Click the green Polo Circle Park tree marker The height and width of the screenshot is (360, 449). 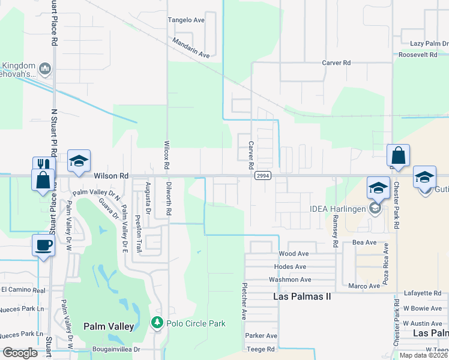(x=157, y=323)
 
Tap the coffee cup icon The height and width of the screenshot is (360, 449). (x=43, y=245)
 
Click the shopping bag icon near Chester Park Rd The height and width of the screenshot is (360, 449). (x=398, y=155)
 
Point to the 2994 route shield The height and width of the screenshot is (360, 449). (x=262, y=176)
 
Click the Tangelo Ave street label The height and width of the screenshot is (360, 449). (x=187, y=20)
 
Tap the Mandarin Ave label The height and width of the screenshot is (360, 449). (x=190, y=47)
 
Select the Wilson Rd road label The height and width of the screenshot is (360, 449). (x=111, y=176)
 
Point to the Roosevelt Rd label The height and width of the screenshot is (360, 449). (x=418, y=55)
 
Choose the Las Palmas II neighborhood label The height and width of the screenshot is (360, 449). (x=302, y=296)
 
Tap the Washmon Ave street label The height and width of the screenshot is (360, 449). (x=290, y=280)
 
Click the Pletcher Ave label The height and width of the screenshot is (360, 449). (x=244, y=301)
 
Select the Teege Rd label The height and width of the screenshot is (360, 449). (x=260, y=349)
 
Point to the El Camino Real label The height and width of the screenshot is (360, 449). (x=23, y=290)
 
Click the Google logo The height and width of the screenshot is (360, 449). (x=19, y=353)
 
